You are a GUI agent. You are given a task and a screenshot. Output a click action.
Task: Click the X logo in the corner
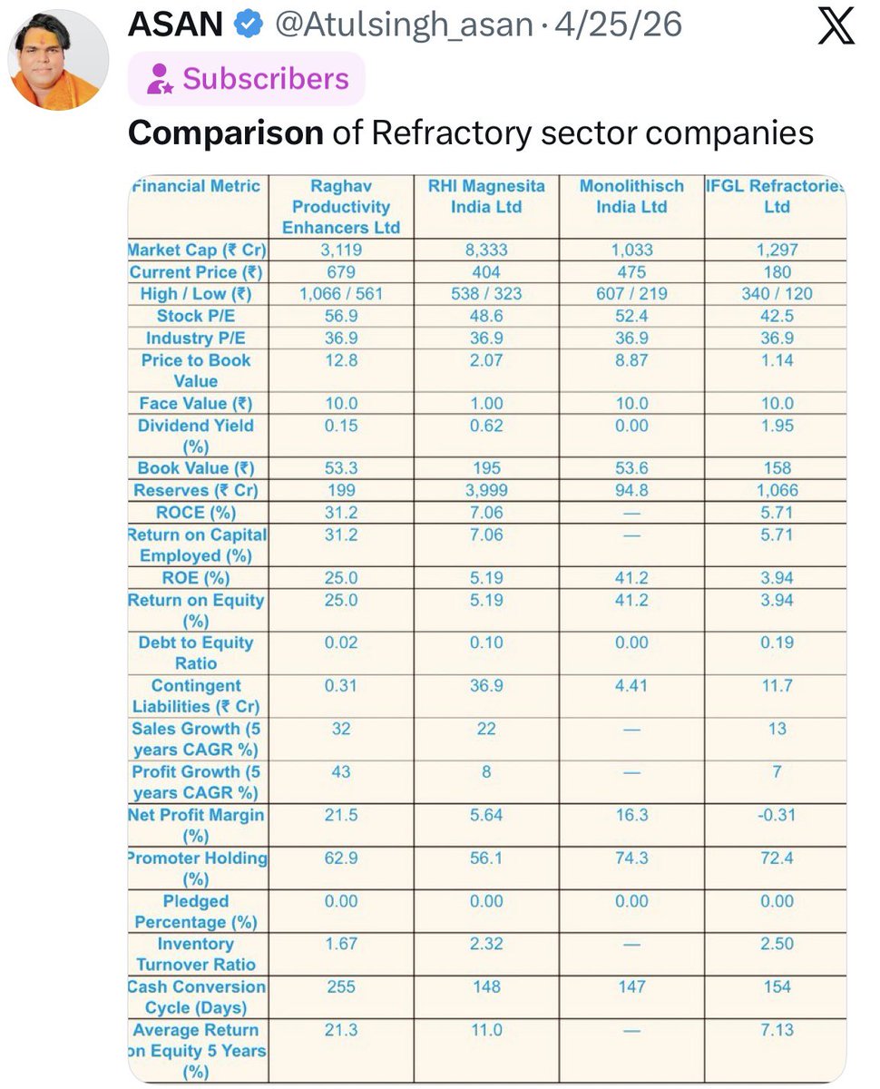(x=836, y=25)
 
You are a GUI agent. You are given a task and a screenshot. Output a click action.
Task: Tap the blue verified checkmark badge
(x=249, y=24)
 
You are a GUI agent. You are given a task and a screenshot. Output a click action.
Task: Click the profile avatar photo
(x=58, y=60)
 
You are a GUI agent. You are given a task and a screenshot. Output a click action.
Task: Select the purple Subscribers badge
(x=247, y=79)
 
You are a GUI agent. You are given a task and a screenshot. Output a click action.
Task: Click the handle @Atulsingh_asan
(x=405, y=25)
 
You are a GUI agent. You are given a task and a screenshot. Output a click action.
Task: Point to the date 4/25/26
(x=619, y=24)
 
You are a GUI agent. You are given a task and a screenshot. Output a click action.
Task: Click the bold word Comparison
(x=225, y=133)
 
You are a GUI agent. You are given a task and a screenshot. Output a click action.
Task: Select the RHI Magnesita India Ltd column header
(x=486, y=196)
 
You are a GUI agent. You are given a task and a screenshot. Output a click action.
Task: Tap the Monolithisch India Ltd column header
(x=631, y=196)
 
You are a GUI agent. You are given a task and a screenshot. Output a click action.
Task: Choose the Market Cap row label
(x=197, y=250)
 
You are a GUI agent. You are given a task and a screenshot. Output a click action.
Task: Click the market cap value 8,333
(x=486, y=250)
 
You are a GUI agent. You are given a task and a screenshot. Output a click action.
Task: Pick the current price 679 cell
(x=341, y=272)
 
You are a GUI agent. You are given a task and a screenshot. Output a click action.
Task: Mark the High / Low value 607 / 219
(x=631, y=294)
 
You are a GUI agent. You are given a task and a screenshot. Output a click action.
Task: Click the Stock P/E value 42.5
(x=777, y=316)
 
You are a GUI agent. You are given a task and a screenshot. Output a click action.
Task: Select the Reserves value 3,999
(x=486, y=490)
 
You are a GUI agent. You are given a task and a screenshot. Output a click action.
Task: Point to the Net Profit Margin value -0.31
(x=777, y=815)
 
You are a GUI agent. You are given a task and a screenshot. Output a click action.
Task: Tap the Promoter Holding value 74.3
(x=631, y=858)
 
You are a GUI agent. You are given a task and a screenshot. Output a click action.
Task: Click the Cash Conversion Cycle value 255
(x=341, y=986)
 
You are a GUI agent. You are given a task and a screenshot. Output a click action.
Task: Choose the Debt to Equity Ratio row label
(x=196, y=652)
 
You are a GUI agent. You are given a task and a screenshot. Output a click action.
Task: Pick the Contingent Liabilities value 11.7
(x=777, y=685)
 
